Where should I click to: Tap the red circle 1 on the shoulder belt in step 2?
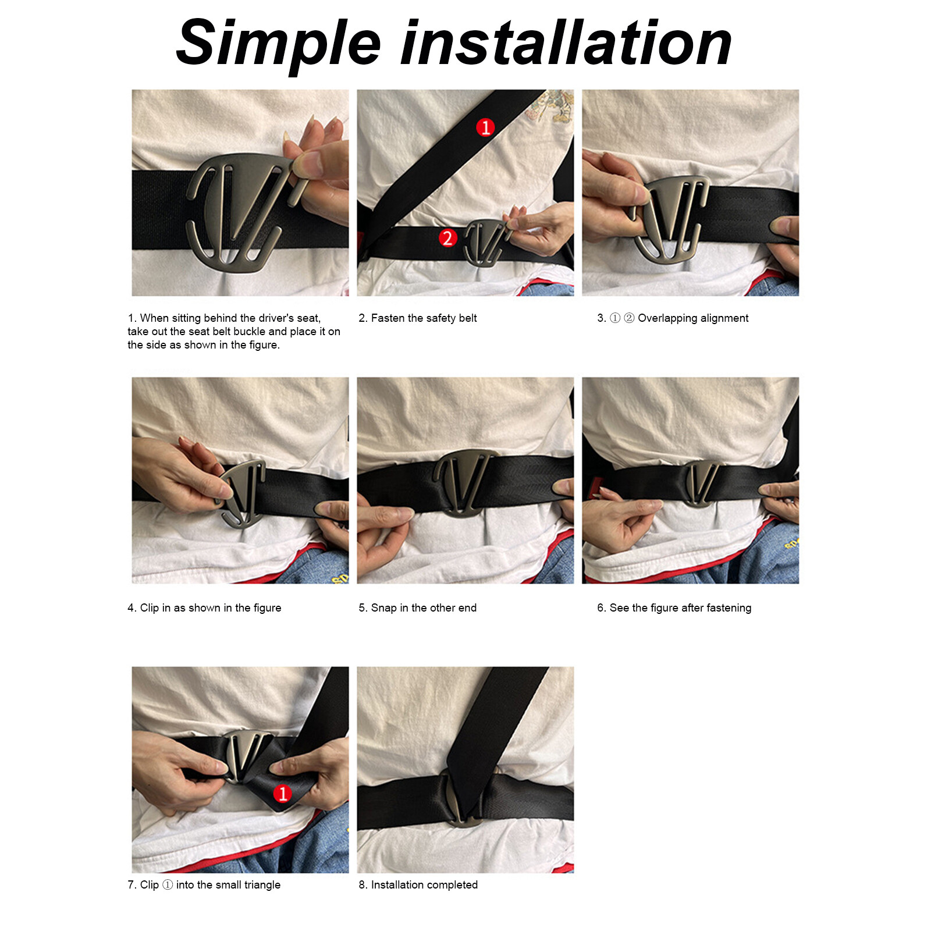pyautogui.click(x=485, y=127)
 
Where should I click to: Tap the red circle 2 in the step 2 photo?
pyautogui.click(x=447, y=238)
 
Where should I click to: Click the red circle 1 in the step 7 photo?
pyautogui.click(x=282, y=793)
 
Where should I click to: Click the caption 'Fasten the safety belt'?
pyautogui.click(x=418, y=318)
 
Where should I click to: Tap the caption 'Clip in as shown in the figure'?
pyautogui.click(x=204, y=608)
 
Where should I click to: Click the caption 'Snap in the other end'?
pyautogui.click(x=418, y=608)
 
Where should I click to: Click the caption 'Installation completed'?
pyautogui.click(x=418, y=885)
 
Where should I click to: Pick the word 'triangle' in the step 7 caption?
pyautogui.click(x=262, y=885)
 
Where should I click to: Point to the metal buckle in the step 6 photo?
pyautogui.click(x=702, y=483)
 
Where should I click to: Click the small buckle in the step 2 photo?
pyautogui.click(x=484, y=241)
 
